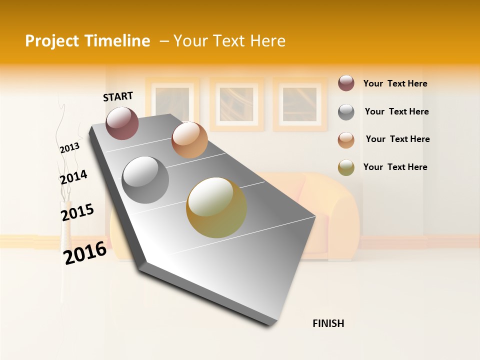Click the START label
pos(118,96)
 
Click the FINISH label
pos(328,323)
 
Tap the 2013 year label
pos(69,147)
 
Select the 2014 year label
pos(73,177)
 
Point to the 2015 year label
pos(77,212)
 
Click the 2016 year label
pos(85,252)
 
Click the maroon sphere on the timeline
pos(122,123)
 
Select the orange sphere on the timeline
pos(189,140)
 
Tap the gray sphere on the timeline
pos(145,179)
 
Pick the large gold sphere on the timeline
pos(216,207)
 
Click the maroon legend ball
pos(346,83)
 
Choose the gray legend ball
pos(346,112)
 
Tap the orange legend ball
pos(346,140)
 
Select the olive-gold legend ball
pos(346,167)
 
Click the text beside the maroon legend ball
pos(395,83)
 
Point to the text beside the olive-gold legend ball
pos(395,167)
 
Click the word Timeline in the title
pos(117,41)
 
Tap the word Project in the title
pos(52,41)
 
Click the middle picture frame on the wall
pos(236,104)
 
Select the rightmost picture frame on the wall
pos(299,104)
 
